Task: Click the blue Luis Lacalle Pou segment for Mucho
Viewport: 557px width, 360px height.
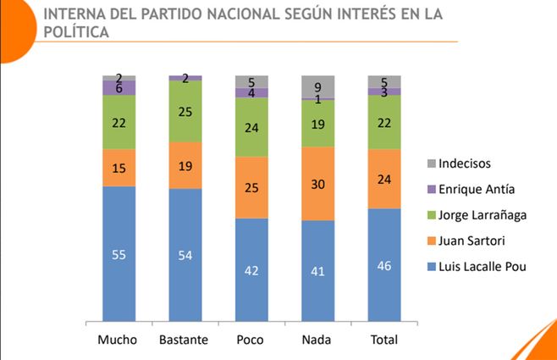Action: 119,254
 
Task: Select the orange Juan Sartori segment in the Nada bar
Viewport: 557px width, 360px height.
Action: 318,184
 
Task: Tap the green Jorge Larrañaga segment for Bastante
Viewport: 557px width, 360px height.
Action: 185,111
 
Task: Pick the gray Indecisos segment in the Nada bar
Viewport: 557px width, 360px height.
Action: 318,86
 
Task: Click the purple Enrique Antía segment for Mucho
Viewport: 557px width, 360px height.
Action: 119,87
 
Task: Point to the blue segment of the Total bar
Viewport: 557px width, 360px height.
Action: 384,265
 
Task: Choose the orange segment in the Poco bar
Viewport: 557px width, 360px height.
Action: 252,187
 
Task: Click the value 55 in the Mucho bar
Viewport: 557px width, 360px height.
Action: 119,254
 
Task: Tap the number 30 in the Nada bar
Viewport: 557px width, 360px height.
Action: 318,184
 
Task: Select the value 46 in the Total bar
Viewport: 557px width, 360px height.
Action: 384,265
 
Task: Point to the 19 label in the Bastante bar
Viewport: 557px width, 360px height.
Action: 185,165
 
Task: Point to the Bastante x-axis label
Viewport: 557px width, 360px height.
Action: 185,341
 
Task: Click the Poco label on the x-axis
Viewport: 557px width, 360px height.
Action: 252,341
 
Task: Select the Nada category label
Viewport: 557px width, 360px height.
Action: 318,341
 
